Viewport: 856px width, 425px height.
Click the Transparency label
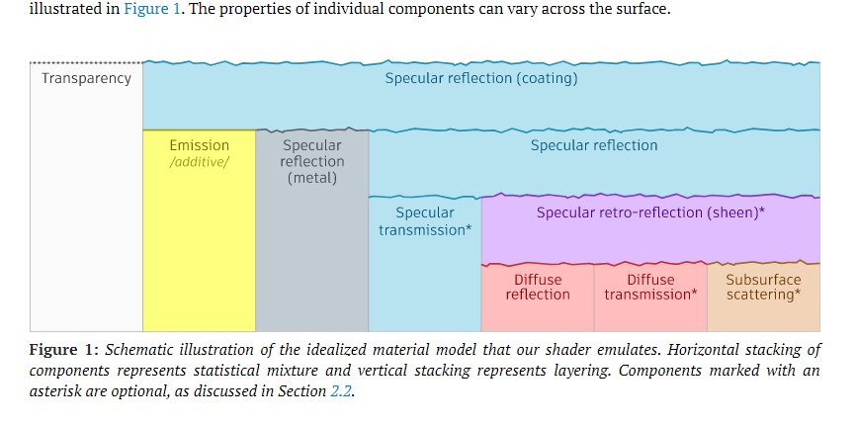pos(87,79)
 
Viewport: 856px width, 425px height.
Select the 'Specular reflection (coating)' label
pos(481,78)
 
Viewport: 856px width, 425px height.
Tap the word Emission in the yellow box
pos(200,145)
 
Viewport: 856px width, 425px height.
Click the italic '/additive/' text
pos(200,162)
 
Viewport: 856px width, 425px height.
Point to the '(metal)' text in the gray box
pos(312,179)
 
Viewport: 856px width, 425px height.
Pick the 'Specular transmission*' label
pos(425,221)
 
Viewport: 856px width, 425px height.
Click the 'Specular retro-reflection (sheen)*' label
pos(650,212)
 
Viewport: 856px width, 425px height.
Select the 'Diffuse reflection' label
pos(538,287)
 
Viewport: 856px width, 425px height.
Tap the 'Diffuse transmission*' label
pos(650,287)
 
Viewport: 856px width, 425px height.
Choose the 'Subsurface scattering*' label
pos(763,287)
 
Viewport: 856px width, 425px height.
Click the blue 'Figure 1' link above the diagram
pos(152,9)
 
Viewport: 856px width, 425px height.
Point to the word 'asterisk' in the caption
pos(52,391)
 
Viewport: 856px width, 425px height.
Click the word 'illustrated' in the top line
pos(55,9)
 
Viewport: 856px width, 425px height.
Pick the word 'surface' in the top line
pos(645,9)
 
